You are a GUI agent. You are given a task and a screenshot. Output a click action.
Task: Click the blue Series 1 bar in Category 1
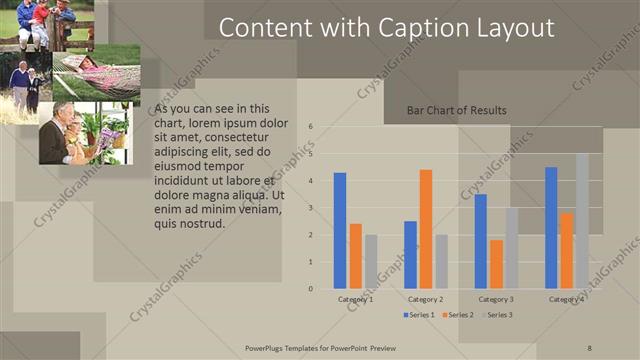click(x=340, y=231)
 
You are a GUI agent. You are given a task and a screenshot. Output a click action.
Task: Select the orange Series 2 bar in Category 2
click(x=426, y=229)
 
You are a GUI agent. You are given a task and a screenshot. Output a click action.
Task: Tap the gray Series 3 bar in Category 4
click(x=582, y=221)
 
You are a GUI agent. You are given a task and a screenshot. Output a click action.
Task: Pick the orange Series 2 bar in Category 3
click(x=496, y=264)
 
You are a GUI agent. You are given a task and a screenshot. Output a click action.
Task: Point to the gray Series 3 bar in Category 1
click(x=371, y=262)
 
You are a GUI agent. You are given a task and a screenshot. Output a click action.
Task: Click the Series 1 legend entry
click(x=419, y=315)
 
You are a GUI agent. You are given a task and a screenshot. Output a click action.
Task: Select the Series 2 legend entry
click(x=458, y=315)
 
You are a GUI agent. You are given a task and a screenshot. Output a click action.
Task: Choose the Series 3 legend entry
click(x=497, y=315)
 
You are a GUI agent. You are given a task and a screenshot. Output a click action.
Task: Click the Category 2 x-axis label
click(x=425, y=299)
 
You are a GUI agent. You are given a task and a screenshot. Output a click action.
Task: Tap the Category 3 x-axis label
click(x=496, y=299)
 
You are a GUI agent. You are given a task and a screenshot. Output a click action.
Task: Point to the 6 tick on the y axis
click(x=311, y=127)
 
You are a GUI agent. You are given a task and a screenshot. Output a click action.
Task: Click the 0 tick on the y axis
click(x=311, y=289)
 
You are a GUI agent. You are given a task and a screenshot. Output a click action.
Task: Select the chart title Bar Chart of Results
click(x=456, y=110)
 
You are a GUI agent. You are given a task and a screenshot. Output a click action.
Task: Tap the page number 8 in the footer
click(x=589, y=347)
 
